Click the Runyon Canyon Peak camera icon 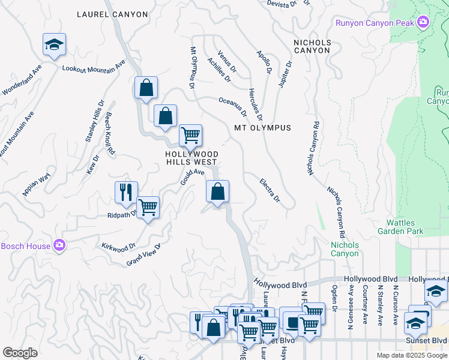[424, 23]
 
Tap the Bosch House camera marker [59, 245]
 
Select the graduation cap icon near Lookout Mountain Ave [54, 45]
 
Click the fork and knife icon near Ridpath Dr [126, 193]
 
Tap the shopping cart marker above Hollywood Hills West [190, 136]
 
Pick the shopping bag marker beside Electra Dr [217, 193]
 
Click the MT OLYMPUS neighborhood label [263, 128]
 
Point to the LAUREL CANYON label [112, 14]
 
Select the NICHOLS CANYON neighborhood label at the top [312, 47]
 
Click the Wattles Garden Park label [400, 227]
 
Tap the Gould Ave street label [189, 176]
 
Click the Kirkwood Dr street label [119, 247]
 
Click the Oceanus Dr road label [233, 107]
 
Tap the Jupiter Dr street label [285, 74]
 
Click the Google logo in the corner [20, 353]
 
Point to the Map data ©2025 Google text [411, 355]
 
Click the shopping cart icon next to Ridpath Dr [148, 208]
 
